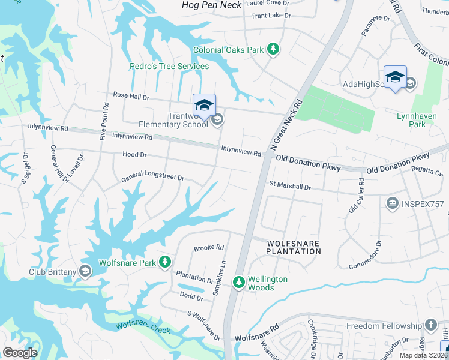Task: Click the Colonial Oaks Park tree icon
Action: [x=273, y=49]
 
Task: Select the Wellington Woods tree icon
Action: [x=239, y=281]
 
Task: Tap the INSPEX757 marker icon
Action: [x=393, y=204]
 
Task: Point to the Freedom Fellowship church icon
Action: [x=430, y=326]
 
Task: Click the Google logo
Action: [x=20, y=353]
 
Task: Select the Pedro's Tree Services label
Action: [x=170, y=66]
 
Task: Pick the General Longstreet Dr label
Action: [x=152, y=178]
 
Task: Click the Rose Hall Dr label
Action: [x=131, y=96]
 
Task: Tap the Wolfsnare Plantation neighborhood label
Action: [x=294, y=247]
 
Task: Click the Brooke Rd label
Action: [x=208, y=248]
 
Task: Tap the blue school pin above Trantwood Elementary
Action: [x=204, y=104]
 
